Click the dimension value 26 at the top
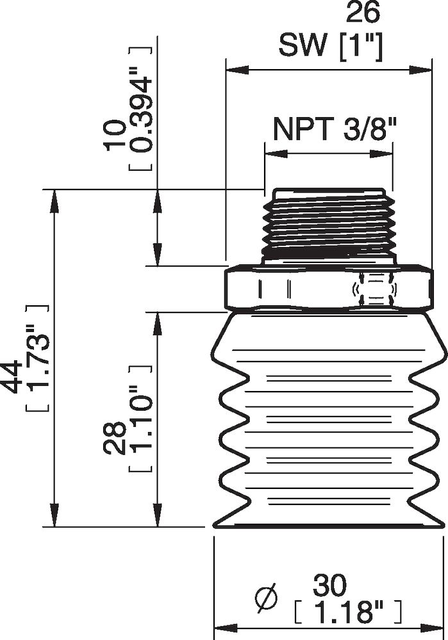[362, 13]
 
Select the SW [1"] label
[331, 46]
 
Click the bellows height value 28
[117, 438]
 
